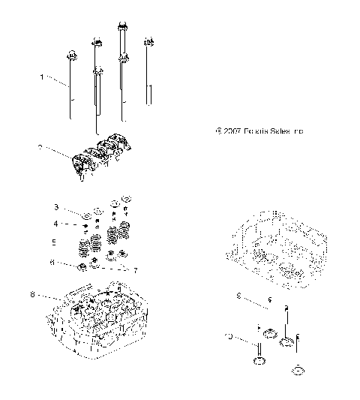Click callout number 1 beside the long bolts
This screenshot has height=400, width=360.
coord(43,77)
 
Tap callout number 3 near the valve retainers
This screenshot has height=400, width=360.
coord(76,206)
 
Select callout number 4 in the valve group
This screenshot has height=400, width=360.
coord(76,223)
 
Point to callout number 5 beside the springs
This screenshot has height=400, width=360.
coord(74,242)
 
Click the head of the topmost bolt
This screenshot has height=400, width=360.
coord(121,29)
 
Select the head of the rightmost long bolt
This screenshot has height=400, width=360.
coord(148,41)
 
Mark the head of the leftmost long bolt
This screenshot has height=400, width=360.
coord(72,54)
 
